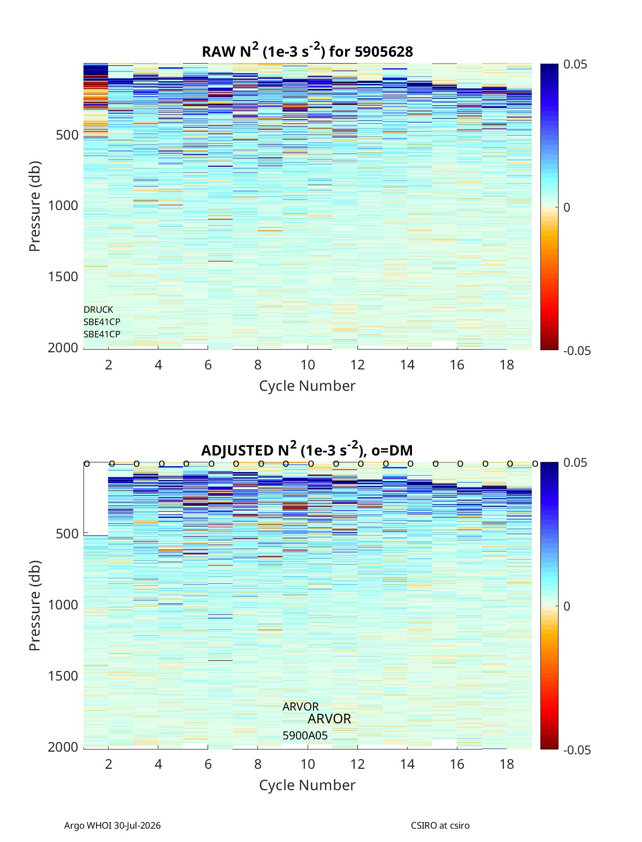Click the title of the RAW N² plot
(x=307, y=51)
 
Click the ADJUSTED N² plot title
(x=307, y=450)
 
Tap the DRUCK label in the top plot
(x=98, y=310)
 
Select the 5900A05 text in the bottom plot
(x=305, y=736)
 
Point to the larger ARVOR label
(x=329, y=719)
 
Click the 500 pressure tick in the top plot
(x=67, y=135)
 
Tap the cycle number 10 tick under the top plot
(x=308, y=365)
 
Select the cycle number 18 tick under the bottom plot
(x=507, y=764)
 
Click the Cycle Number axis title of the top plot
(x=307, y=386)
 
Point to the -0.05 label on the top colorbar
(x=577, y=351)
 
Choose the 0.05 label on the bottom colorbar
(x=575, y=462)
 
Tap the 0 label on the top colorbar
(x=567, y=207)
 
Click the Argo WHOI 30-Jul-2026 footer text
(x=112, y=825)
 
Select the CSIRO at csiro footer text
(x=440, y=825)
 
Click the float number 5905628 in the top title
(x=384, y=51)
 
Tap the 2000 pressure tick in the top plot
(x=63, y=347)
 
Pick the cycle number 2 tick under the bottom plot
(x=108, y=764)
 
